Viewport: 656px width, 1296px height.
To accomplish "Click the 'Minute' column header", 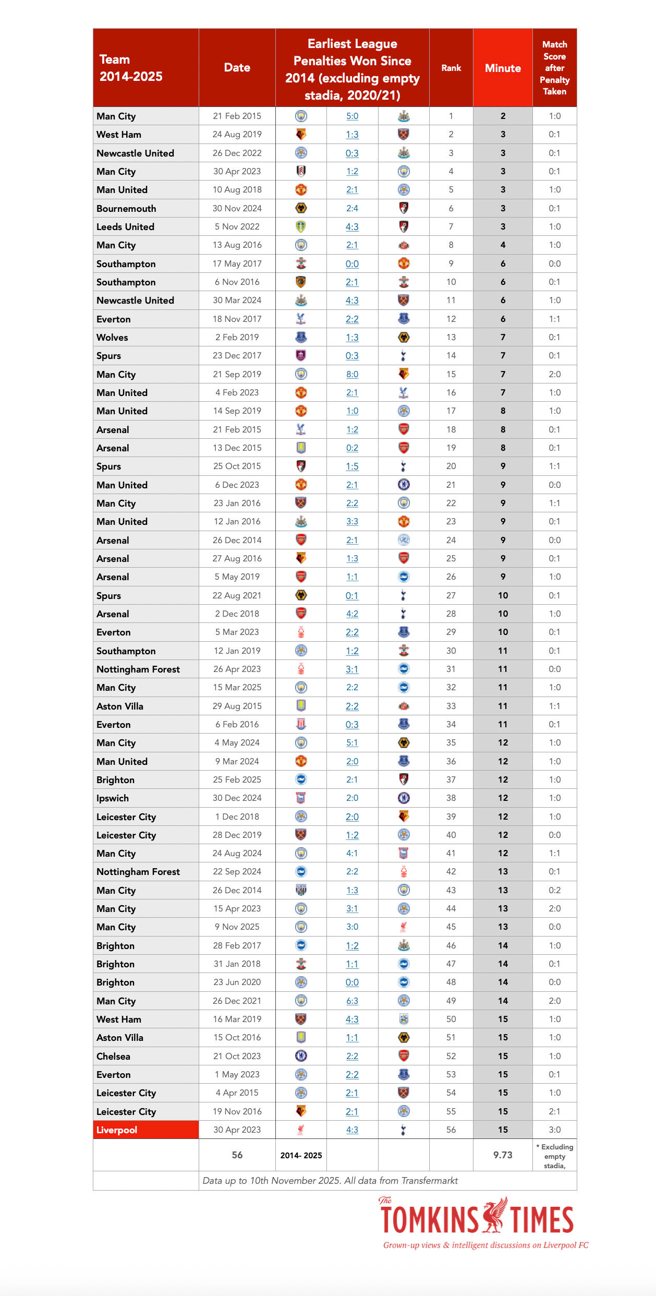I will [x=503, y=68].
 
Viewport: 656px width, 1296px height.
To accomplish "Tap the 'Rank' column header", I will [x=451, y=68].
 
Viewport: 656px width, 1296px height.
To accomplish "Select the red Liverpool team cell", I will [x=145, y=1130].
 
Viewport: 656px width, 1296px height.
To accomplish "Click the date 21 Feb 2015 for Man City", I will [x=237, y=116].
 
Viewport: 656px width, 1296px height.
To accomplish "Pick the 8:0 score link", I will [x=352, y=374].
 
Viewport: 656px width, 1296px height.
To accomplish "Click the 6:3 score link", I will [x=352, y=1001].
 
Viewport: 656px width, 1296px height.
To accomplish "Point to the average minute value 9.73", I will [x=503, y=1155].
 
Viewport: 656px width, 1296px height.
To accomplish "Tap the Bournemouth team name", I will [x=126, y=208].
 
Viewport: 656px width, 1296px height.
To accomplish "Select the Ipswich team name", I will [x=113, y=798].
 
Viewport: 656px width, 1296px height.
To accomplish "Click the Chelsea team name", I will [x=113, y=1056].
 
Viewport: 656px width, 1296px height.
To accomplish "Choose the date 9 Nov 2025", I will [x=237, y=927].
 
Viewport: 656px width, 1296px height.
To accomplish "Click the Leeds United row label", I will [x=125, y=226].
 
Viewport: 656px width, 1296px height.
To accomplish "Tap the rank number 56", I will [x=451, y=1130].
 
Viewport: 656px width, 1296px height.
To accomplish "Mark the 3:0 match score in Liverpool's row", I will [x=554, y=1130].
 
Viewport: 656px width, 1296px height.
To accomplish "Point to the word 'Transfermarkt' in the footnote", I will [x=429, y=1180].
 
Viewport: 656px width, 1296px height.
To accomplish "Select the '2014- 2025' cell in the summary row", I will [x=301, y=1155].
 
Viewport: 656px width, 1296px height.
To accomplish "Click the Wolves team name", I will [x=112, y=337].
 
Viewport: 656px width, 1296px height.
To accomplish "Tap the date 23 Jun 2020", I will [x=237, y=982].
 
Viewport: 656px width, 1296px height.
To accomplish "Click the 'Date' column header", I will [x=237, y=67].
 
